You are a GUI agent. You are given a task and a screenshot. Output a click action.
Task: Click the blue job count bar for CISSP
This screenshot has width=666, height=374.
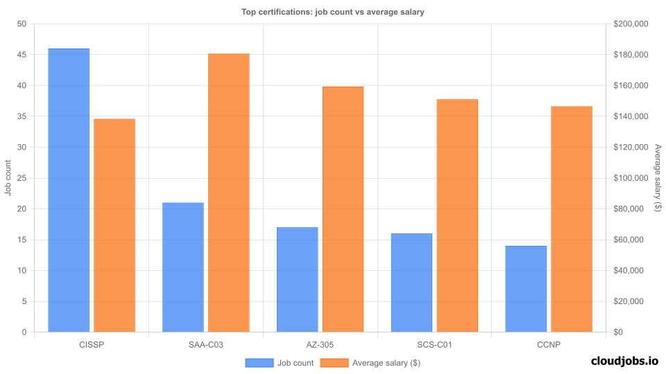point(69,190)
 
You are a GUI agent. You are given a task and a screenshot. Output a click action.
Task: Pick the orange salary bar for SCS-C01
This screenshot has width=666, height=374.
point(457,215)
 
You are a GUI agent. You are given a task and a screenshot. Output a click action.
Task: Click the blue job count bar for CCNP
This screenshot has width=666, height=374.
point(526,289)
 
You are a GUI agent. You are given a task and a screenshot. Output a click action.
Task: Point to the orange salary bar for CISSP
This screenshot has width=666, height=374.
point(114,225)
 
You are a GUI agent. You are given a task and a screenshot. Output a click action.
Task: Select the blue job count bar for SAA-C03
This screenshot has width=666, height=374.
point(183,267)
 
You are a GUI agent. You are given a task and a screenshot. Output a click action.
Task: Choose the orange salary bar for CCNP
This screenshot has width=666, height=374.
point(572,219)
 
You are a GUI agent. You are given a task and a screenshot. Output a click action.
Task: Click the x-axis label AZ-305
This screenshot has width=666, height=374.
point(321,344)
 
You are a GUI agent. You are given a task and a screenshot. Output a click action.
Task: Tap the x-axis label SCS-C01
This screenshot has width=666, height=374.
point(434,344)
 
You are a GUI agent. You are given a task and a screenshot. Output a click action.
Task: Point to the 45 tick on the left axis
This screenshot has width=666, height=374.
point(22,55)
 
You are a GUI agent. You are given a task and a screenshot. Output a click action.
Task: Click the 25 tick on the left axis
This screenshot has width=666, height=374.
point(22,178)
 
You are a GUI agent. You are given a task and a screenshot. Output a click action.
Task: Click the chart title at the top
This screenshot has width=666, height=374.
point(332,12)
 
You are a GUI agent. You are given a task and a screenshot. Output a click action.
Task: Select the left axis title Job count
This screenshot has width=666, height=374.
point(8,178)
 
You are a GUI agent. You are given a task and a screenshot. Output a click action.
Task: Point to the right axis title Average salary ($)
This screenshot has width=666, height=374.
point(658,178)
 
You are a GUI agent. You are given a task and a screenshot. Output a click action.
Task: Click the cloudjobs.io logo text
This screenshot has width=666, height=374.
point(624,361)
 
